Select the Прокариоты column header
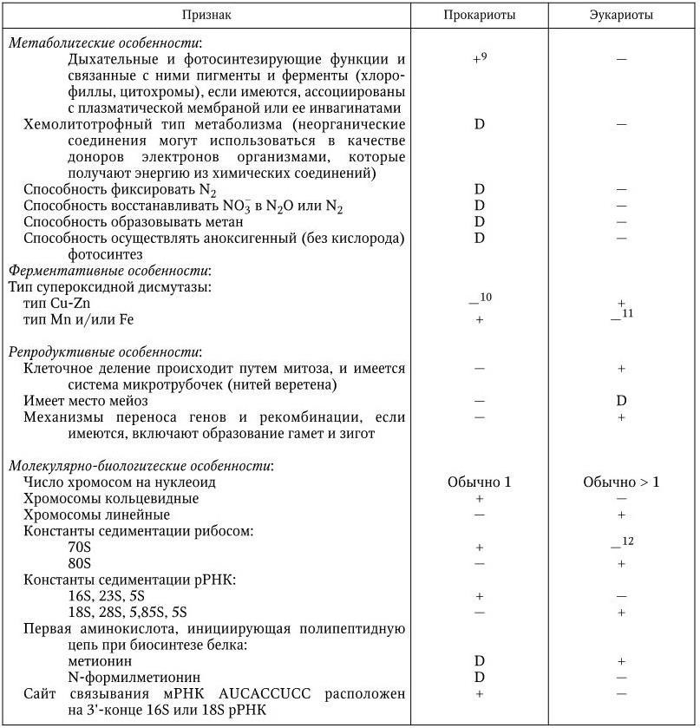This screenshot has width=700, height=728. pyautogui.click(x=478, y=15)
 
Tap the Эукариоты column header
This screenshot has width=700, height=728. pyautogui.click(x=621, y=15)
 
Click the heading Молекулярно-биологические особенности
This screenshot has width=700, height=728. pyautogui.click(x=141, y=466)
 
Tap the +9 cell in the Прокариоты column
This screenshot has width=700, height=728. pyautogui.click(x=479, y=60)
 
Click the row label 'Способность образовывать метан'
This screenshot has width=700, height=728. pyautogui.click(x=119, y=221)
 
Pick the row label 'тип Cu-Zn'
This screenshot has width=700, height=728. pyautogui.click(x=56, y=303)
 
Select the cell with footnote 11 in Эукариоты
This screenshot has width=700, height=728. pyautogui.click(x=621, y=316)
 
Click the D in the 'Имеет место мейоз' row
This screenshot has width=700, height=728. pyautogui.click(x=621, y=401)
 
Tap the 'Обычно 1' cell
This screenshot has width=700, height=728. pyautogui.click(x=479, y=482)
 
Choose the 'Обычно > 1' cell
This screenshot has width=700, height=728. pyautogui.click(x=621, y=482)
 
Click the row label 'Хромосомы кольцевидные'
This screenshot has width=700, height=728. pyautogui.click(x=111, y=499)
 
